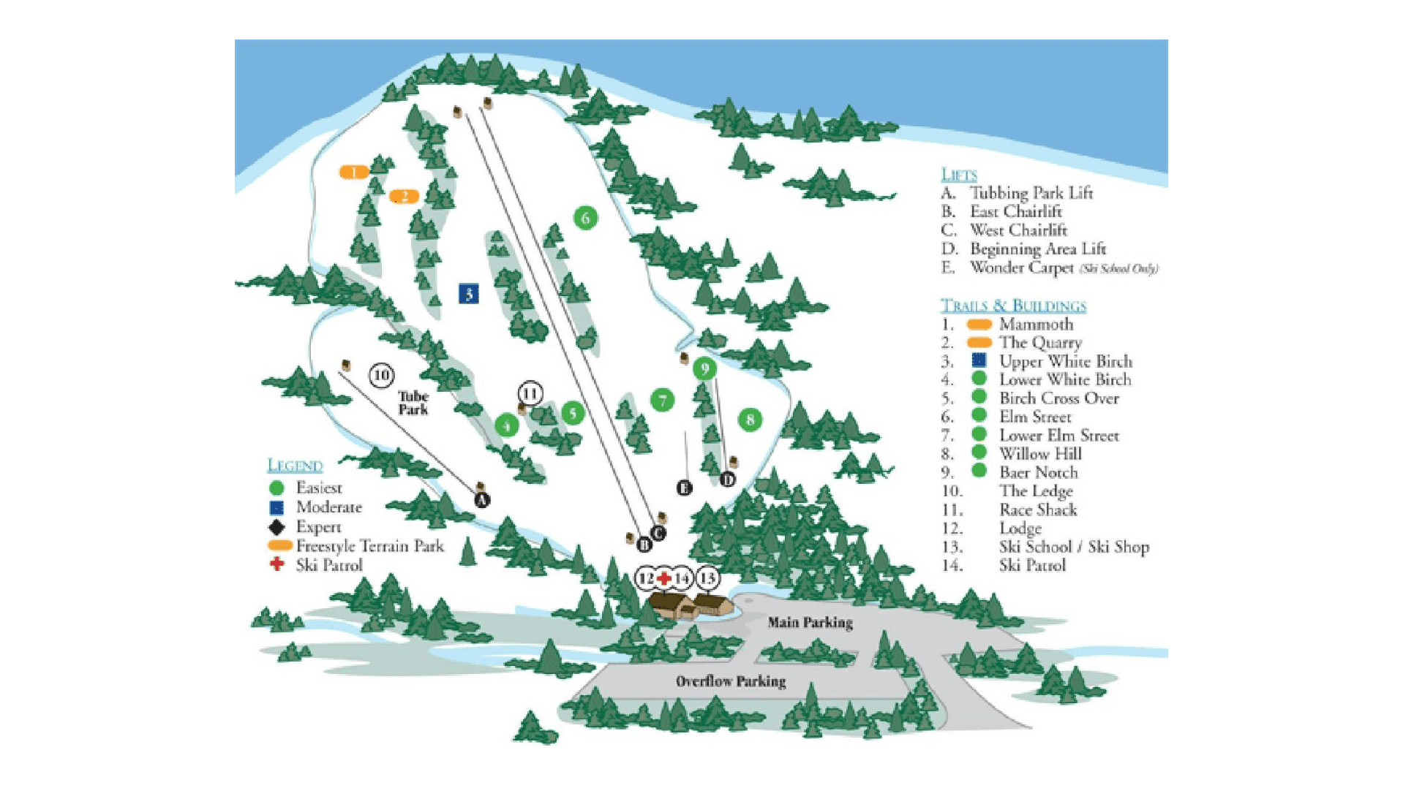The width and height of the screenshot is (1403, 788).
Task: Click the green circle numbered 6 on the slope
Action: click(585, 218)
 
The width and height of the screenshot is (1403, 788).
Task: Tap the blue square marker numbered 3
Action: click(469, 294)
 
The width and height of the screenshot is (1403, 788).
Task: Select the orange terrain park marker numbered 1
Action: click(354, 173)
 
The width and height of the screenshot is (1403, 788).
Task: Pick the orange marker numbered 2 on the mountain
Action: click(404, 197)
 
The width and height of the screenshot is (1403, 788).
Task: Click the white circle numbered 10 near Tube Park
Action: click(381, 376)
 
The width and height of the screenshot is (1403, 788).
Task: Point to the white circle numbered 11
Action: click(530, 394)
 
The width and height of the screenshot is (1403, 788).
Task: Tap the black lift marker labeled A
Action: click(481, 500)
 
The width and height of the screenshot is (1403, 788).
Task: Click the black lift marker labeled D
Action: click(727, 480)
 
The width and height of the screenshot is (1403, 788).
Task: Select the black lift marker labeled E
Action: click(684, 488)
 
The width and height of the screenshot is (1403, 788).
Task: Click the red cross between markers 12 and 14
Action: click(663, 579)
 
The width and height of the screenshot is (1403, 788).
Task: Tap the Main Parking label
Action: click(810, 623)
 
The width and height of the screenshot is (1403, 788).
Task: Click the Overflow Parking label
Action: click(730, 681)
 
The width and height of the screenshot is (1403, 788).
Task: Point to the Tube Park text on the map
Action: click(413, 403)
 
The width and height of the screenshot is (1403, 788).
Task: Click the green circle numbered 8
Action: click(750, 420)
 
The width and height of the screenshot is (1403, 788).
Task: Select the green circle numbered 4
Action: click(506, 425)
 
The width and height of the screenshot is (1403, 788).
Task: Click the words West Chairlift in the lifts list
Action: click(1018, 230)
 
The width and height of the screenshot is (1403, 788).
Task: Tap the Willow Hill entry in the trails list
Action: click(1040, 454)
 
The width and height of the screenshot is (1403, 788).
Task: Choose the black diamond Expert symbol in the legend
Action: click(277, 527)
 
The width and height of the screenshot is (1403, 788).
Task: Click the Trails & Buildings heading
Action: click(1012, 306)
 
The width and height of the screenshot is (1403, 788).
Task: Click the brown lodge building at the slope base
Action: click(691, 605)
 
